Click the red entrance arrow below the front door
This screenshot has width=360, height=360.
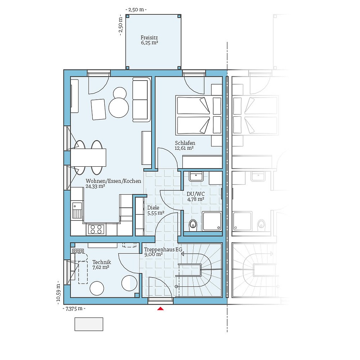tap(161, 308)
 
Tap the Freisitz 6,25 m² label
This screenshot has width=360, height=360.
tap(149, 40)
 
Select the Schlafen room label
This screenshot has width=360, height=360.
tap(185, 143)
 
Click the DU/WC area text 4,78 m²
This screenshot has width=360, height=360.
tap(195, 199)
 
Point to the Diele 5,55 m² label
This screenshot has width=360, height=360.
tap(156, 210)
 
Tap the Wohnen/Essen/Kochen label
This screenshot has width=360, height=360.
tap(113, 181)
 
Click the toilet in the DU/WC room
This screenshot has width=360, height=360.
tap(193, 225)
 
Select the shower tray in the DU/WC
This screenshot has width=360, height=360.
tap(212, 221)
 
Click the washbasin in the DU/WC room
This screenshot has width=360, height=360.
tap(196, 176)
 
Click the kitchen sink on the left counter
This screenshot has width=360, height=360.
tap(77, 210)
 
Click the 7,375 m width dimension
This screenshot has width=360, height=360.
tap(74, 309)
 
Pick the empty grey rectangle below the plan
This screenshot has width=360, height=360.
tap(89, 324)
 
